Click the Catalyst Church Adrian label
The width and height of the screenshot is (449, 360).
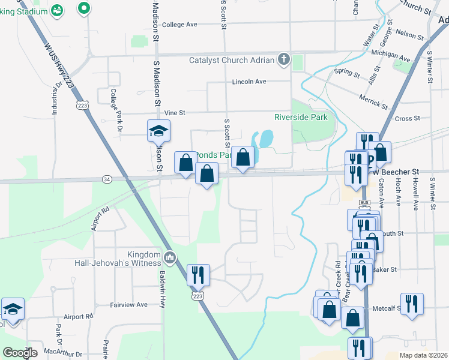click(231, 60)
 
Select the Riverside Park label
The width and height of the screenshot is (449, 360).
click(301, 117)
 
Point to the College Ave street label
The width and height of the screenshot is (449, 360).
click(179, 25)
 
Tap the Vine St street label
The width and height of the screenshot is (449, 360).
click(175, 112)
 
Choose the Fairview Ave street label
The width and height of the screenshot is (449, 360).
click(128, 305)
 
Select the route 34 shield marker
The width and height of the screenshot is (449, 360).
click(107, 179)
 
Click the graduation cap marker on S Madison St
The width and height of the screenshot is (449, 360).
click(159, 131)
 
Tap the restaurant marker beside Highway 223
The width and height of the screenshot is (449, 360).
click(198, 275)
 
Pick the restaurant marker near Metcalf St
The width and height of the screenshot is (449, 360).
click(412, 304)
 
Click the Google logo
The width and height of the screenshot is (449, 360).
click(20, 353)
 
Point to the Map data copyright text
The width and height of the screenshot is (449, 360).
click(424, 355)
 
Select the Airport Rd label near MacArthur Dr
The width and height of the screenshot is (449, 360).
click(79, 316)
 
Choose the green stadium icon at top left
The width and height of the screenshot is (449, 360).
click(57, 10)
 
